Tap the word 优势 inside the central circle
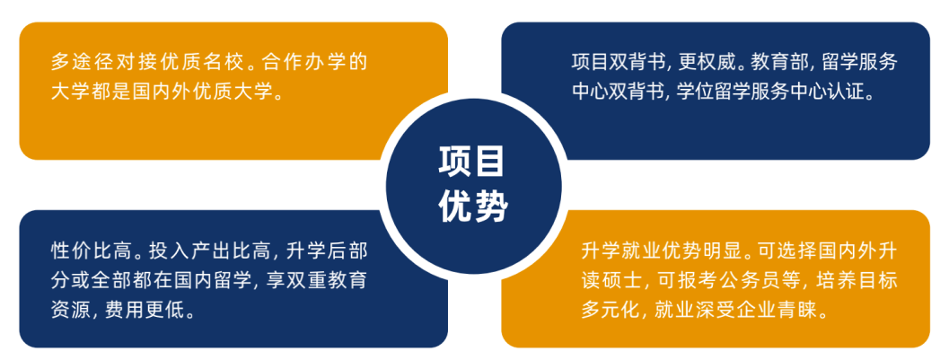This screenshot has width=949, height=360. tap(472, 206)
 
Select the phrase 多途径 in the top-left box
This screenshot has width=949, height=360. tap(75, 62)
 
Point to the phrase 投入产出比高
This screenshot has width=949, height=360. tap(199, 252)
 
